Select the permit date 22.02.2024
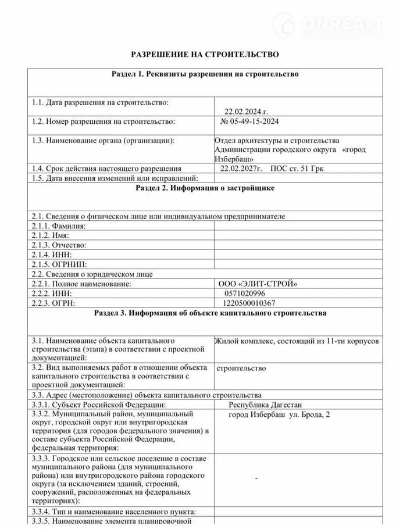pyautogui.click(x=246, y=112)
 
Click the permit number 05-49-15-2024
pyautogui.click(x=251, y=122)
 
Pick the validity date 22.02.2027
pyautogui.click(x=241, y=168)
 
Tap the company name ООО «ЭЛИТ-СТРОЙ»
pyautogui.click(x=257, y=284)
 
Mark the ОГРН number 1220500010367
pyautogui.click(x=249, y=303)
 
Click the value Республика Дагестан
pyautogui.click(x=265, y=405)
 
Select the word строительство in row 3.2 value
pyautogui.click(x=241, y=368)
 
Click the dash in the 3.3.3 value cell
pyautogui.click(x=256, y=478)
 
